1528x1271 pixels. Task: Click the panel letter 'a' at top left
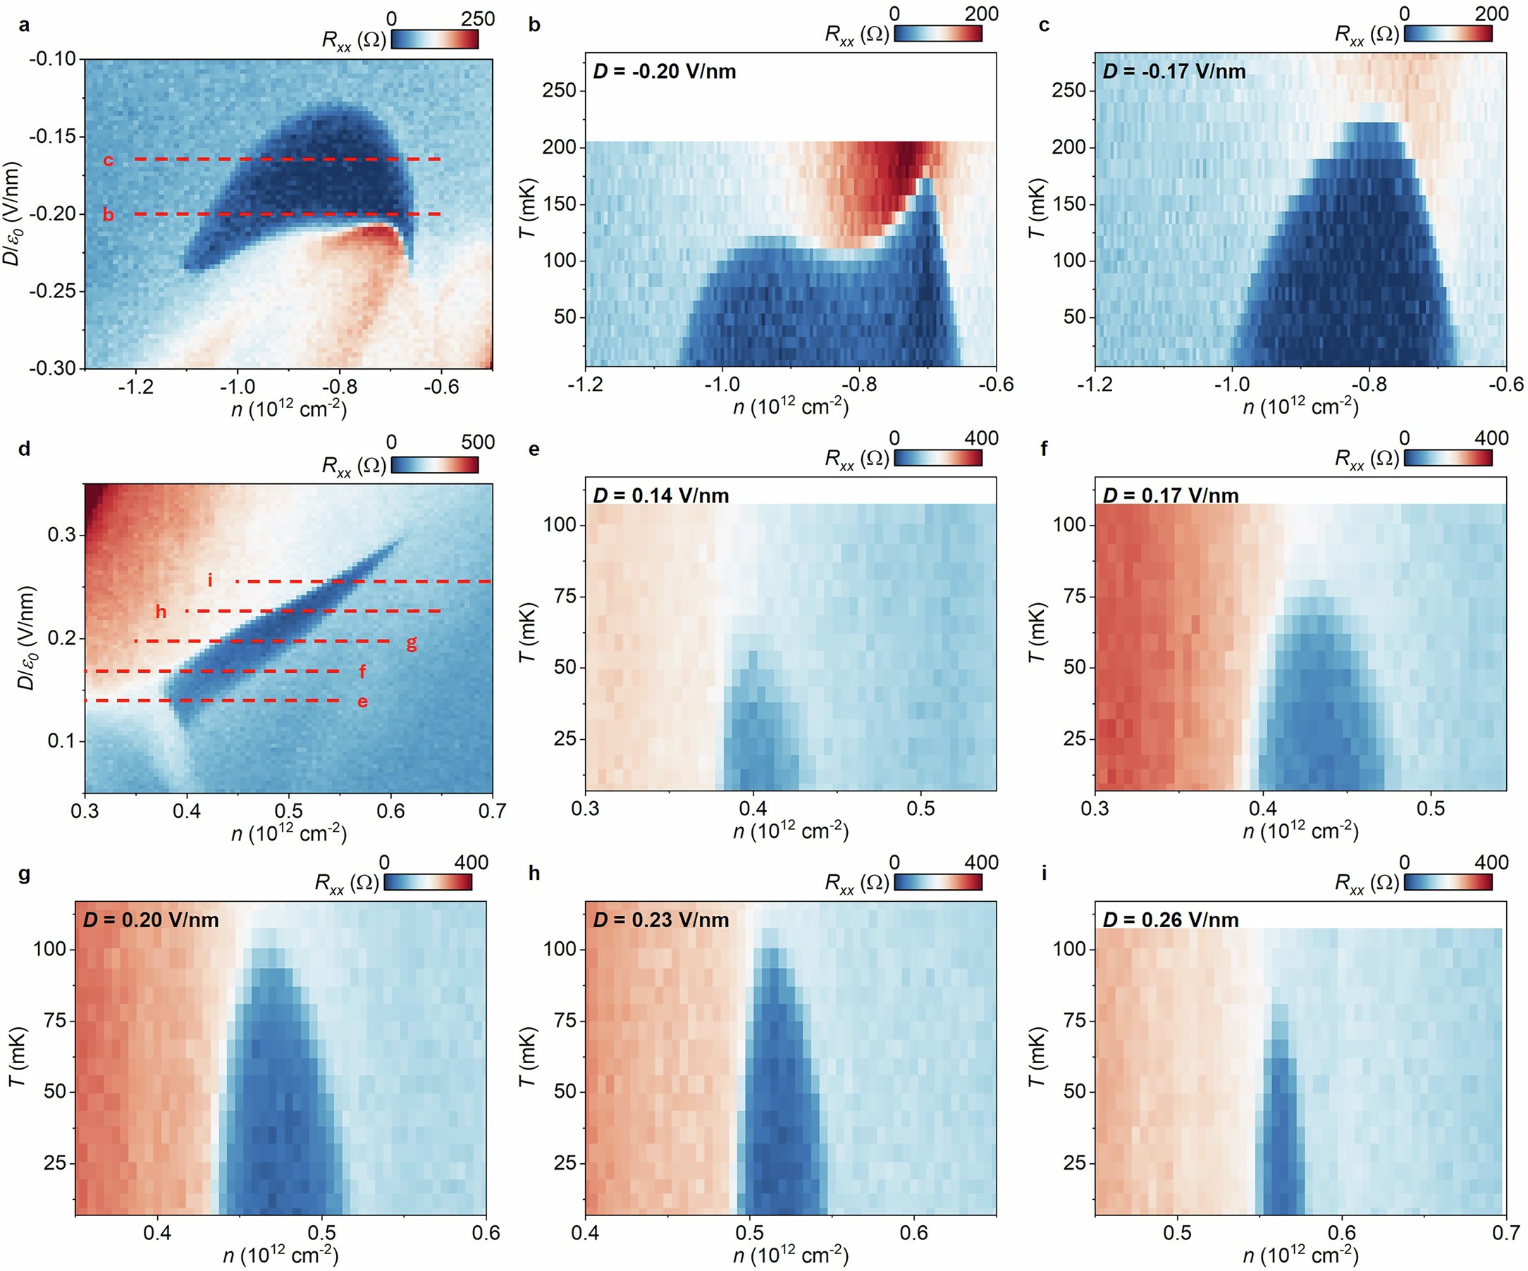(x=25, y=26)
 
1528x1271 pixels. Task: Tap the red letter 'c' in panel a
(x=108, y=160)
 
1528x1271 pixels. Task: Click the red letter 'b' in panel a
(x=108, y=216)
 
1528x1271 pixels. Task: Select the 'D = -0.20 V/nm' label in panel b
(x=665, y=71)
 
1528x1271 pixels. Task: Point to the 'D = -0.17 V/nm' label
(x=1173, y=71)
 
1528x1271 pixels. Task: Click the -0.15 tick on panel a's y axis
(x=52, y=136)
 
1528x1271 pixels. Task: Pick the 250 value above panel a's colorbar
(x=478, y=19)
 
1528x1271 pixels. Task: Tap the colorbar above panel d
(x=434, y=464)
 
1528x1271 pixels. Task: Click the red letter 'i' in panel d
(x=210, y=580)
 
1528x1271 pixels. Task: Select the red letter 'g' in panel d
(x=411, y=643)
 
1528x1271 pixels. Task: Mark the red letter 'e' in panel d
(x=362, y=702)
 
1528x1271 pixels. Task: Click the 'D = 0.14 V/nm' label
(x=660, y=495)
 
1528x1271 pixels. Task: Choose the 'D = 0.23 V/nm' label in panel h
(x=660, y=919)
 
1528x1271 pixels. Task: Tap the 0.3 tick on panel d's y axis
(x=61, y=535)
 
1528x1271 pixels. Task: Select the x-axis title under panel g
(x=280, y=1254)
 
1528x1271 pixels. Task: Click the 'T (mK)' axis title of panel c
(x=1036, y=208)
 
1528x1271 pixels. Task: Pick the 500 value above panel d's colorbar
(x=478, y=442)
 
